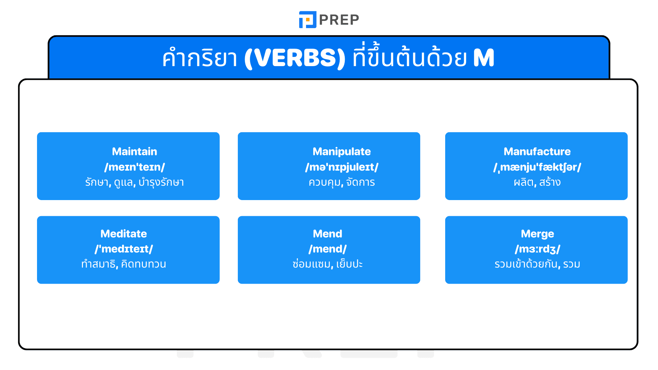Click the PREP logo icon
(307, 20)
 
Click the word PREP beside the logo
(339, 20)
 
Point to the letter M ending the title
(484, 58)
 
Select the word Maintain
(134, 151)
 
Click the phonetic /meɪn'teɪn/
(134, 167)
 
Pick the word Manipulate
(341, 151)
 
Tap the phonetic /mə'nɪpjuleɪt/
(341, 167)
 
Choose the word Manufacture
(537, 151)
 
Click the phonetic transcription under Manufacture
(537, 167)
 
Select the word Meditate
(123, 234)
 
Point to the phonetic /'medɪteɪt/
(123, 249)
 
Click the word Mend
(327, 234)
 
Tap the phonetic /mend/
(327, 249)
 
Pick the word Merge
(537, 234)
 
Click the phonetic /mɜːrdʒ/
(537, 249)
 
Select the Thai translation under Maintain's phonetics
(134, 182)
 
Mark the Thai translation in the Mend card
(327, 264)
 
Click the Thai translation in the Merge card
(537, 264)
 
